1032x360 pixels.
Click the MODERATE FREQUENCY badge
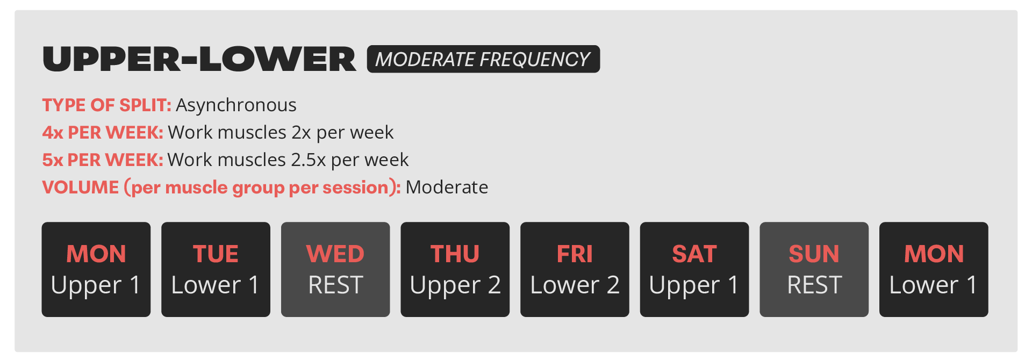[483, 59]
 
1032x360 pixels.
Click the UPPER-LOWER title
[199, 59]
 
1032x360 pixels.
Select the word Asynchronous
[236, 105]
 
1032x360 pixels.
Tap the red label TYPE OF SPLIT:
[106, 105]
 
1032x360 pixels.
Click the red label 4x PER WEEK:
[102, 133]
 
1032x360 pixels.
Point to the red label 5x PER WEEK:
[102, 160]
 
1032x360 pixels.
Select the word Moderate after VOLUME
[447, 188]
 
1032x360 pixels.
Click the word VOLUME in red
[81, 188]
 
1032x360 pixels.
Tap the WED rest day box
[335, 269]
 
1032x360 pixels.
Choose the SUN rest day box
[814, 269]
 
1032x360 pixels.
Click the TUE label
[216, 254]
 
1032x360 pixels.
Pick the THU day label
[455, 254]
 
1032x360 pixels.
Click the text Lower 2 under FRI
[575, 285]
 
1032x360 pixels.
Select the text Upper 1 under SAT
[694, 285]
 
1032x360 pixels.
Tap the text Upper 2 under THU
[455, 285]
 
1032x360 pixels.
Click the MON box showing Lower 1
[934, 269]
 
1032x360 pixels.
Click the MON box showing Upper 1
[96, 269]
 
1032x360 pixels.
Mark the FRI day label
[575, 254]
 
